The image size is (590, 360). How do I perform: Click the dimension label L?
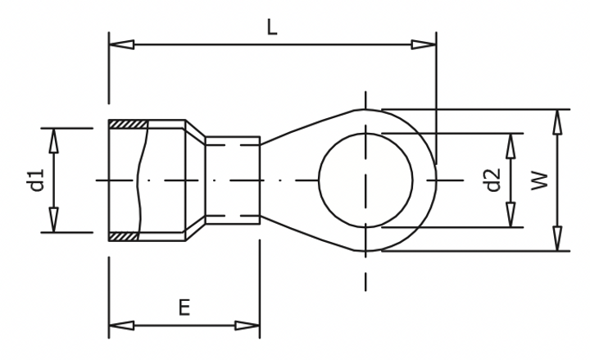[272, 26]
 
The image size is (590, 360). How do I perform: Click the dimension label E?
[184, 308]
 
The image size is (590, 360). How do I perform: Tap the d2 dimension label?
[492, 180]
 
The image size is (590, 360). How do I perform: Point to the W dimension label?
[539, 180]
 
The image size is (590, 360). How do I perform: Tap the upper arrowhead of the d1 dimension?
[54, 140]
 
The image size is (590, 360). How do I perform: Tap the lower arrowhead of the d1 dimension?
[54, 221]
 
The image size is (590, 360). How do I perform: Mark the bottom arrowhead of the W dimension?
[558, 239]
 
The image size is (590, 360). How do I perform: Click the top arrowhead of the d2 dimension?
[511, 144]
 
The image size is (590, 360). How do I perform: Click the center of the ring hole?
[365, 180]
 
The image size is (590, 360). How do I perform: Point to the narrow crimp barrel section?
[233, 180]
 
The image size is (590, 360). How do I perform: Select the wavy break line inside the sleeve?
[143, 180]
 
